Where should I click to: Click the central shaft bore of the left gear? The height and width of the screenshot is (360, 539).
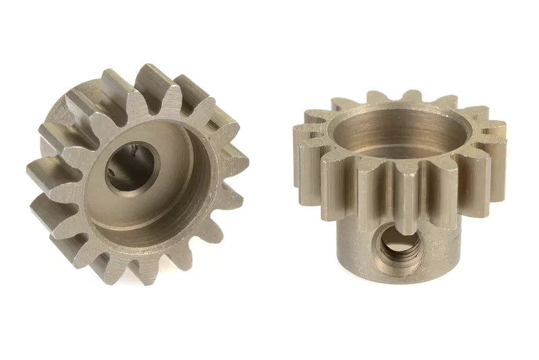point(127,169)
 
